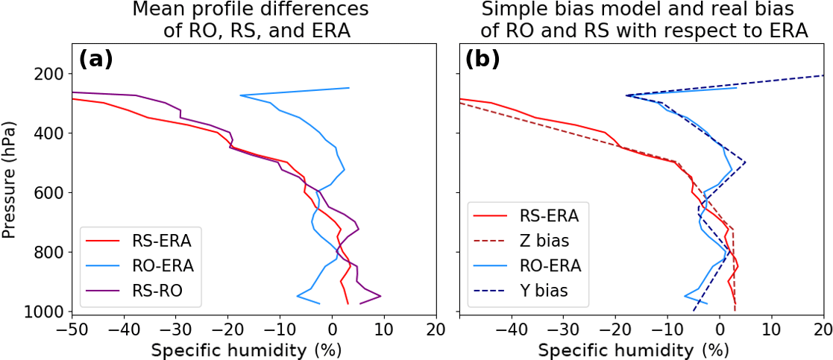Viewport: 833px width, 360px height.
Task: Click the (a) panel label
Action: click(x=95, y=60)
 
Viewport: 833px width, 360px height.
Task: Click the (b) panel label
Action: click(x=482, y=60)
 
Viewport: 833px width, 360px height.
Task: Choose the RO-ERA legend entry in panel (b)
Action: click(x=550, y=265)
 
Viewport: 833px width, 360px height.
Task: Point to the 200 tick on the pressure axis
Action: click(x=49, y=74)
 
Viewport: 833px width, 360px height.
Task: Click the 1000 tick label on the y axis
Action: click(x=44, y=312)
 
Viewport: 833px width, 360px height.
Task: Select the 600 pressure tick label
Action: click(x=49, y=193)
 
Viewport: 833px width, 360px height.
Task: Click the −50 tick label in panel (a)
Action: click(x=72, y=328)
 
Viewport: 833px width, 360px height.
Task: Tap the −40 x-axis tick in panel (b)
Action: click(x=512, y=328)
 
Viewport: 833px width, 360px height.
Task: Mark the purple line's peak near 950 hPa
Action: click(x=381, y=296)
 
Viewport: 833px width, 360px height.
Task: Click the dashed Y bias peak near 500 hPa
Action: click(x=745, y=162)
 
